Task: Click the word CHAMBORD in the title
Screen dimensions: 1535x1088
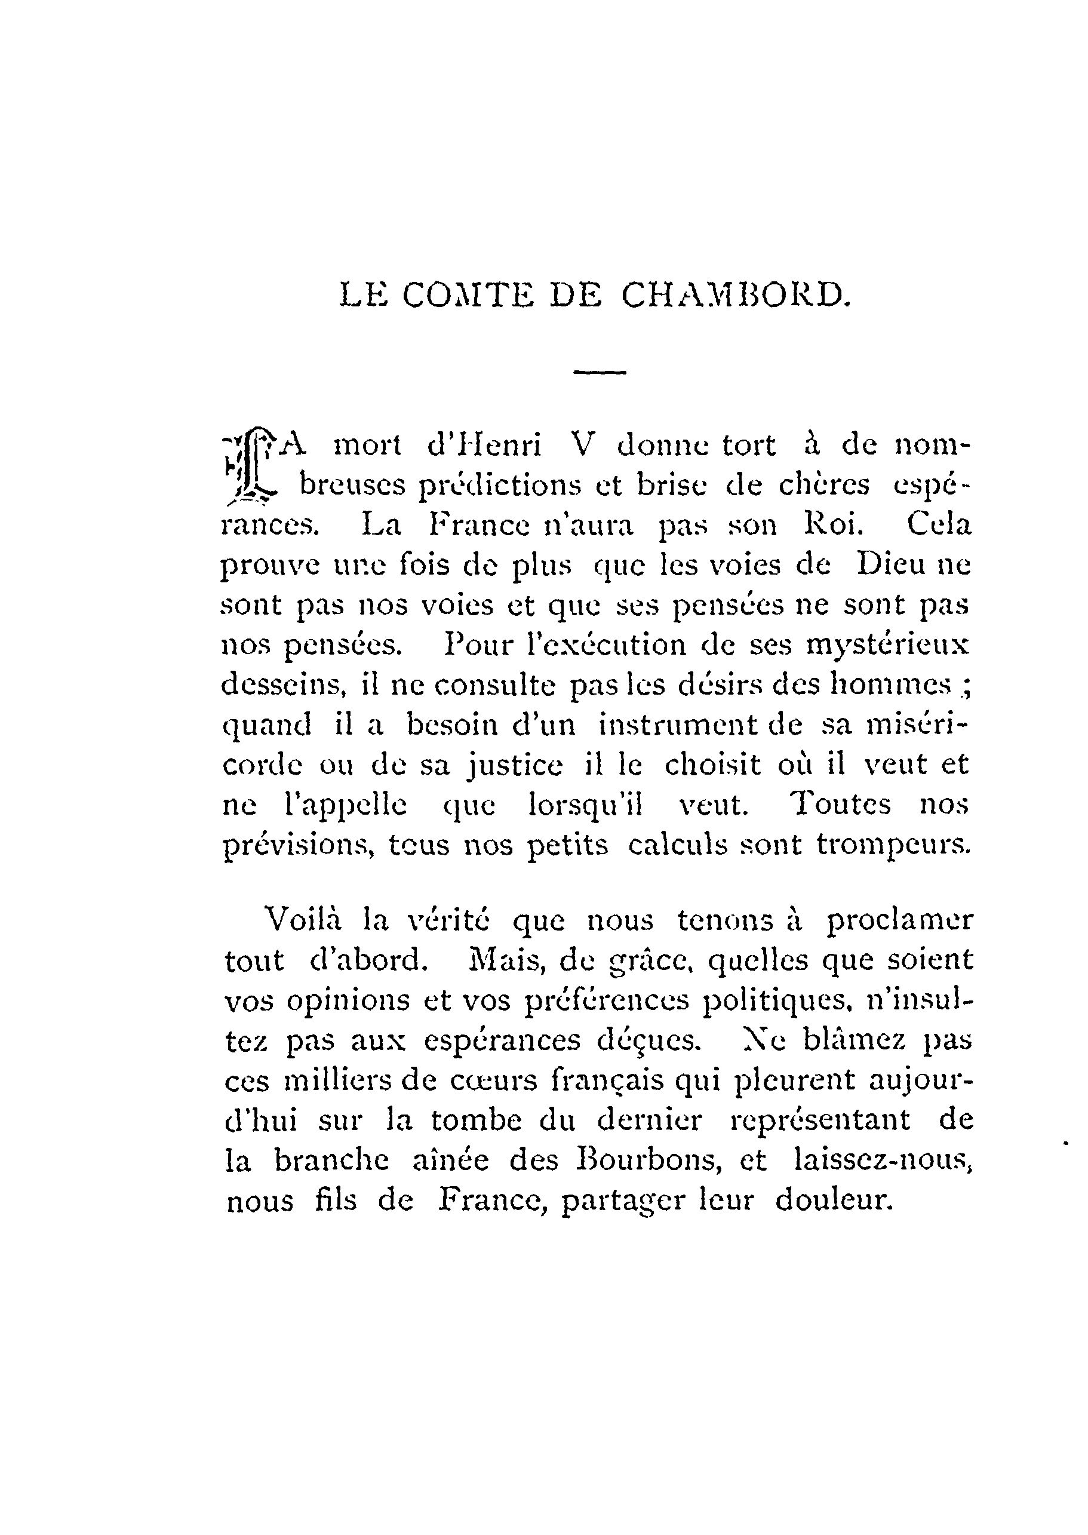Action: (736, 295)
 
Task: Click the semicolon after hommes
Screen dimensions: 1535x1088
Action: (966, 686)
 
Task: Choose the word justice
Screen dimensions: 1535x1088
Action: (514, 766)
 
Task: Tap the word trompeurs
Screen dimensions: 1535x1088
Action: (893, 846)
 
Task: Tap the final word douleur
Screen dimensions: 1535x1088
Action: (834, 1200)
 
